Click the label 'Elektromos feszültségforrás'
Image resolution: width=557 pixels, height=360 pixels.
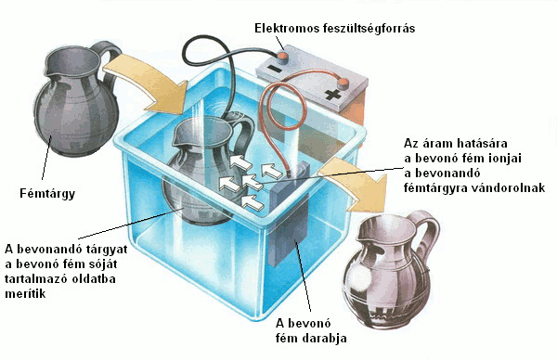click(x=334, y=29)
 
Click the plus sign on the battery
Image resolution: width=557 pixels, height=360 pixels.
click(x=333, y=95)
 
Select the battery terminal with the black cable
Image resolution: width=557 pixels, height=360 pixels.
click(x=281, y=56)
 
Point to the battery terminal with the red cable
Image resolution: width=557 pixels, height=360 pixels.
click(x=343, y=84)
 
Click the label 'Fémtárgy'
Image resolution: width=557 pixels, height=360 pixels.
click(x=47, y=194)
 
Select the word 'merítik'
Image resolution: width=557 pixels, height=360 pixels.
click(x=25, y=293)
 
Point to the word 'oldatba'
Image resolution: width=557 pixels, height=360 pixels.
click(x=94, y=278)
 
